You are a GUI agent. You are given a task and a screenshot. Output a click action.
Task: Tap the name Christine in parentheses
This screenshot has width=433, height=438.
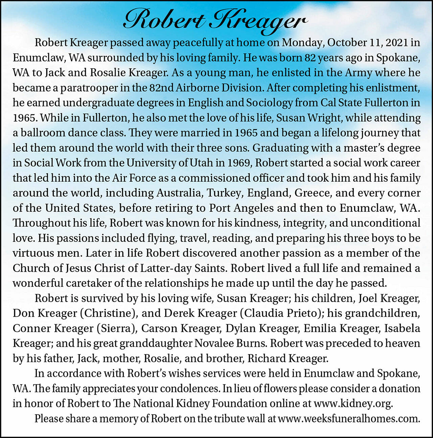pos(109,313)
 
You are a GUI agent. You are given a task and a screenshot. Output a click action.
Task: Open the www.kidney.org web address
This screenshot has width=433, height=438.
pos(353,404)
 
